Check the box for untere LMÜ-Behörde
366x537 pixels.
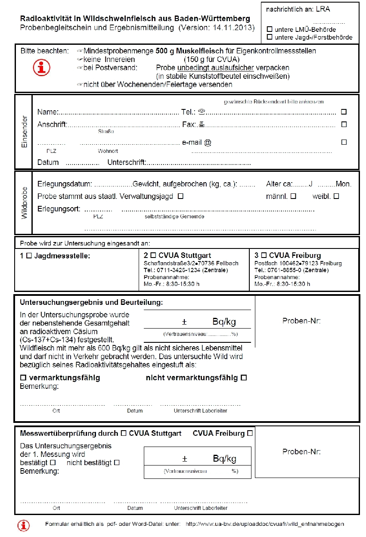coord(270,29)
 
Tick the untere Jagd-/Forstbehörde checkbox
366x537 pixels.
coord(270,37)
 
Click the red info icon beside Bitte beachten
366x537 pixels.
coord(42,67)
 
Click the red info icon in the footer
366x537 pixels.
coord(23,525)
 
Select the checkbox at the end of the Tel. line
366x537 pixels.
coord(344,112)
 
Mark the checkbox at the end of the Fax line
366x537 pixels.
coord(344,124)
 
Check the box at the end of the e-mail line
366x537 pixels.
coord(344,142)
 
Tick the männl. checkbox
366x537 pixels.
coord(293,196)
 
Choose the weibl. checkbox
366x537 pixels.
coord(336,196)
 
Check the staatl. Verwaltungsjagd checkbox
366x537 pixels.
coord(180,196)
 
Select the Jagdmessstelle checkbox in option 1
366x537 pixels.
coord(29,255)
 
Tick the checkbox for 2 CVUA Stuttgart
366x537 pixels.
coord(153,255)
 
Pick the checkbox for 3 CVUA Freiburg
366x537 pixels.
coord(264,255)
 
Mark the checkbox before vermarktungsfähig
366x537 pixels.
coord(23,378)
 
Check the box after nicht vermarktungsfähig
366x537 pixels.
coord(244,378)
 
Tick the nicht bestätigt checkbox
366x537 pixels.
coord(116,463)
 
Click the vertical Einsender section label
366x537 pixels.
coord(24,132)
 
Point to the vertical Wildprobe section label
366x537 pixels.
coord(24,203)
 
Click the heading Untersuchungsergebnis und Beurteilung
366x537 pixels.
coord(91,303)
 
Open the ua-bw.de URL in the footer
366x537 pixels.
coord(265,524)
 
